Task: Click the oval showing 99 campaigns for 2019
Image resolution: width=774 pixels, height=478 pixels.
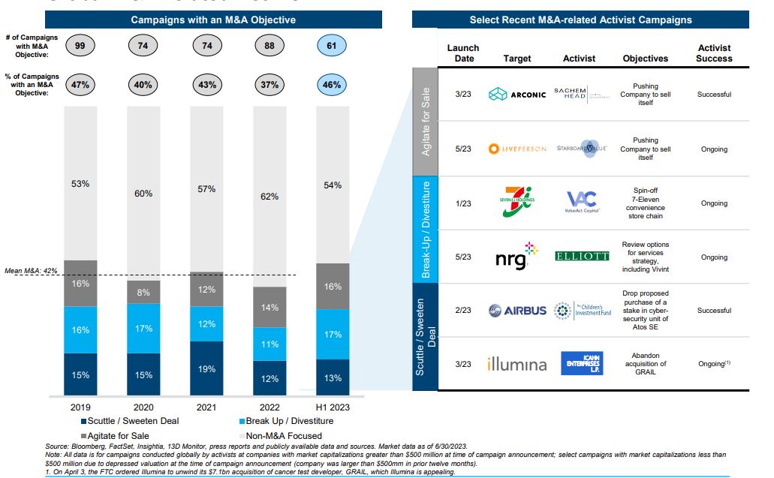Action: tap(80, 47)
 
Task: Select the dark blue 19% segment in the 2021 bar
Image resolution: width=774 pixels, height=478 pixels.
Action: tap(207, 369)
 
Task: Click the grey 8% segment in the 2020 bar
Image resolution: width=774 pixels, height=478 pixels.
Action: tap(143, 292)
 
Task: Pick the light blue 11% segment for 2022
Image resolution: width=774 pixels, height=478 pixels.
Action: tap(270, 344)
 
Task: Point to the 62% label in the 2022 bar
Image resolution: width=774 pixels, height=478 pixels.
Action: tap(269, 197)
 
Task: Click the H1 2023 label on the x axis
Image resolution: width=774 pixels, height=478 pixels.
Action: tap(331, 407)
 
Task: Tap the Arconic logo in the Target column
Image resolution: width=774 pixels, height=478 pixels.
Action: tap(517, 95)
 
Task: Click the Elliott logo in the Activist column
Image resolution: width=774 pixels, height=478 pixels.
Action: tap(581, 257)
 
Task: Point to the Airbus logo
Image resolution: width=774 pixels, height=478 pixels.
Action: tap(517, 311)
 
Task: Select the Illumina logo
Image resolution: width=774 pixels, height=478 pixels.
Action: tap(517, 364)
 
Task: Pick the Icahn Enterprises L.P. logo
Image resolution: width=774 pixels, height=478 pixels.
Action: tap(581, 364)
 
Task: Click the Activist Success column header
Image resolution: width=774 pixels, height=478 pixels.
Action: tap(714, 53)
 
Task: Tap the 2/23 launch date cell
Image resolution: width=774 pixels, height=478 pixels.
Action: tap(463, 311)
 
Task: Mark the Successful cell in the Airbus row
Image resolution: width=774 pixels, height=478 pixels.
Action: tap(714, 311)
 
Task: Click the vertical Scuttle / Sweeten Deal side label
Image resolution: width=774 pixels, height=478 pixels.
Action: tap(425, 337)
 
